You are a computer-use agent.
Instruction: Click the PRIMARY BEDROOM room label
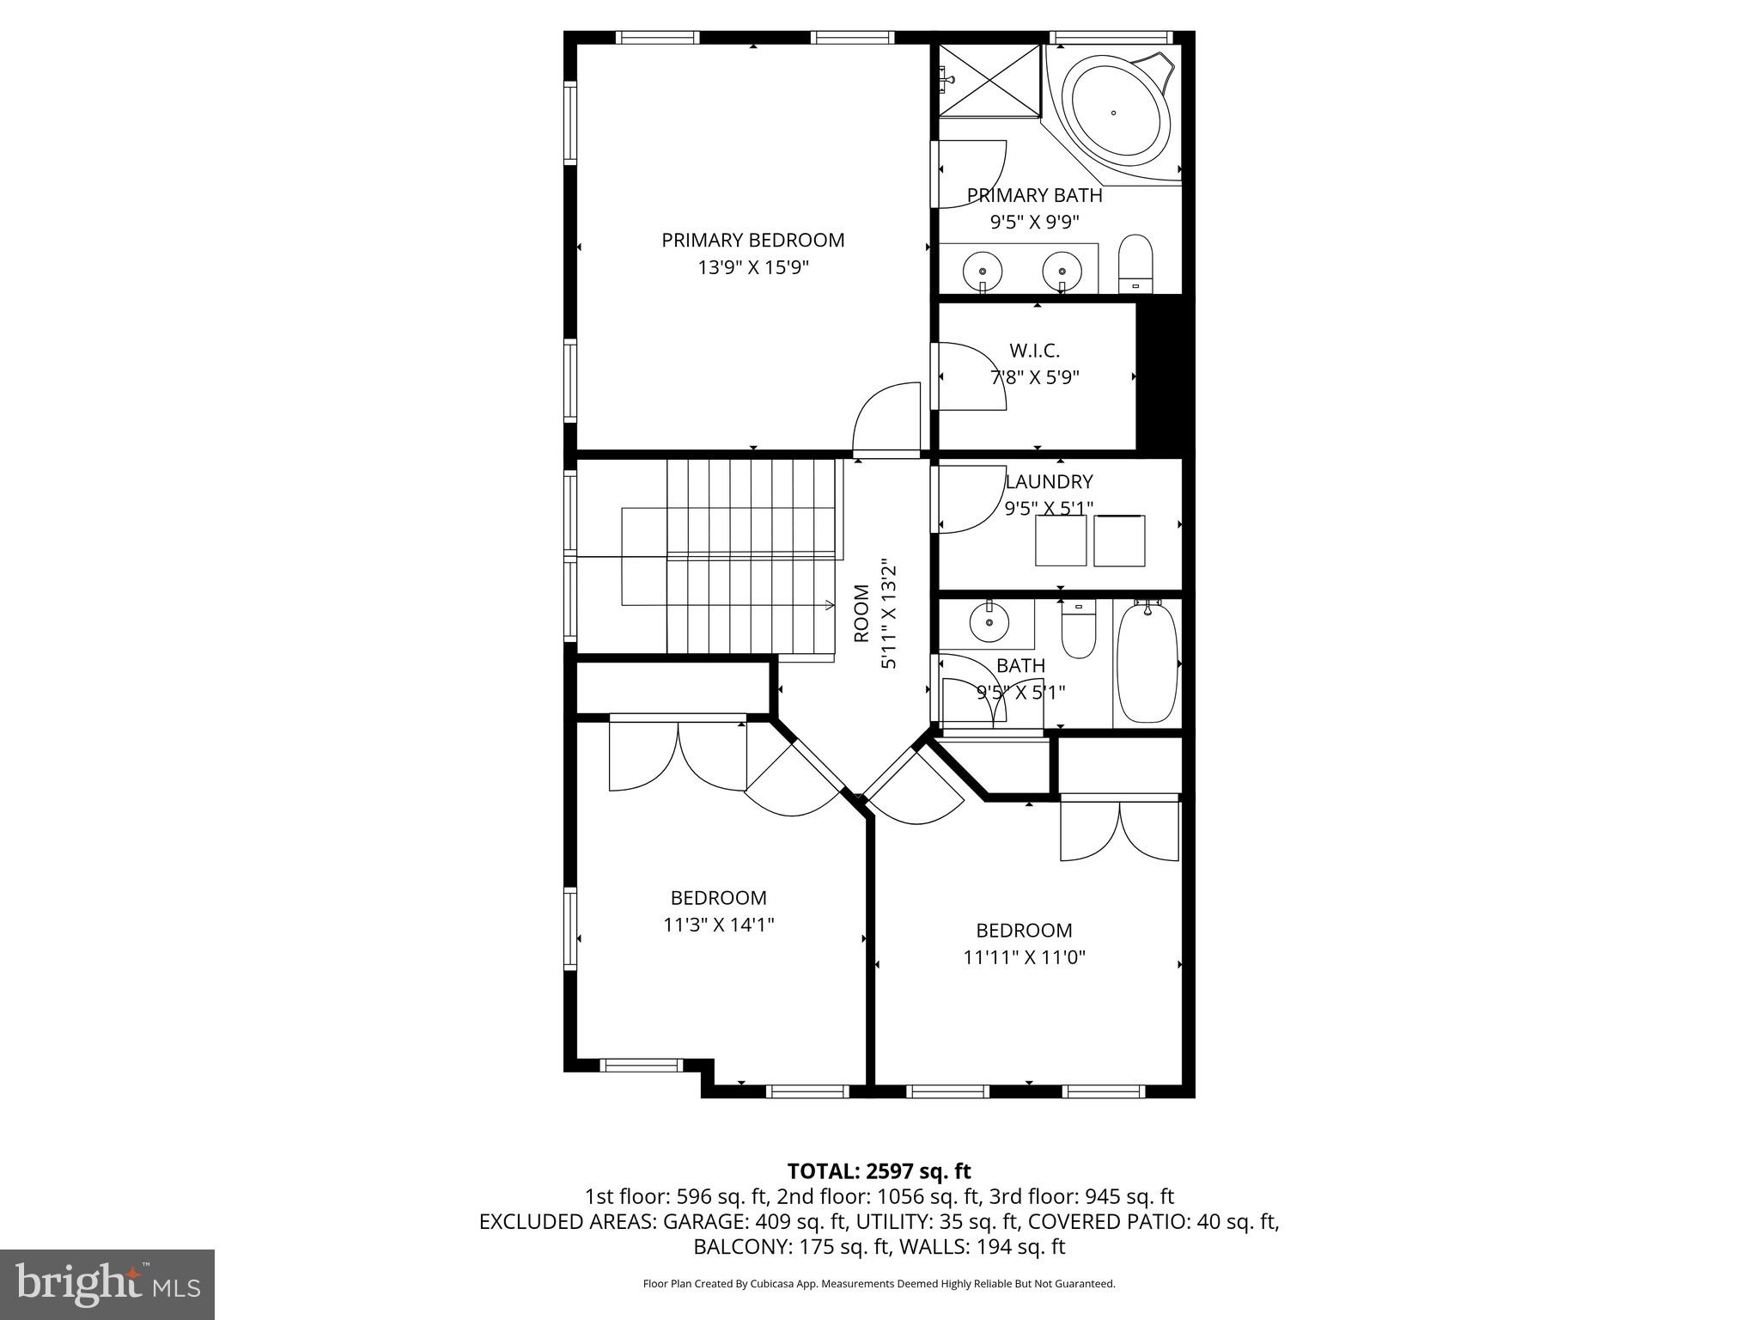tap(752, 240)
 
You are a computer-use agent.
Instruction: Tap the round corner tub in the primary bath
tap(1114, 113)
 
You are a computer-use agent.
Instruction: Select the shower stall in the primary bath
tap(989, 80)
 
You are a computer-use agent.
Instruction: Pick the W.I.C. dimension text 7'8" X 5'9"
tap(1035, 376)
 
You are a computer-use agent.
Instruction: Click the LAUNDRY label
tap(1049, 481)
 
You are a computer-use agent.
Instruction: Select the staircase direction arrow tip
tap(831, 605)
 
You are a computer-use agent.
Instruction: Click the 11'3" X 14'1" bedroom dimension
tap(718, 925)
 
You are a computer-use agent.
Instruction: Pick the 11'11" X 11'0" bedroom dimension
tap(1024, 957)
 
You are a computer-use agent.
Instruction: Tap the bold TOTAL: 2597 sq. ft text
tap(879, 1170)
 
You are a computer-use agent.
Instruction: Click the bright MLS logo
tap(107, 1284)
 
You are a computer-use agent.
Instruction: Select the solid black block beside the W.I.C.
tap(1165, 375)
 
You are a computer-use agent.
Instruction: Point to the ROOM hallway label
tap(861, 614)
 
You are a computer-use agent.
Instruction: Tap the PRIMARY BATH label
tap(1034, 195)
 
